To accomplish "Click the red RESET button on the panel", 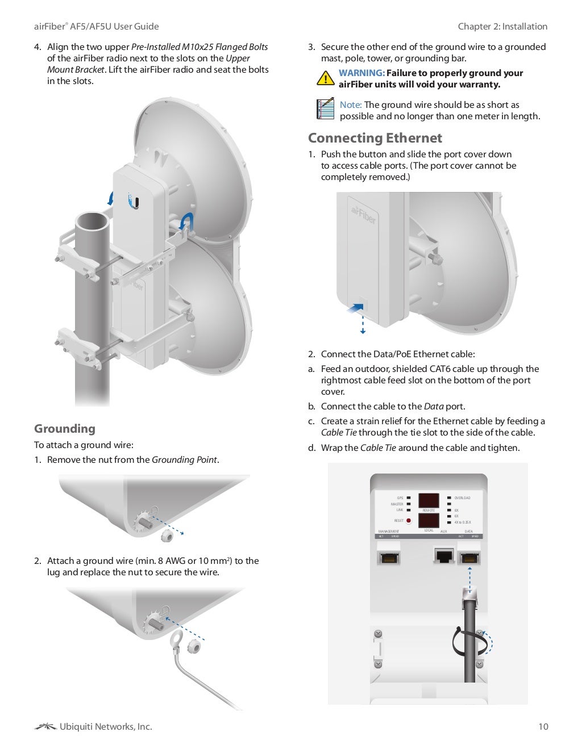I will tap(409, 521).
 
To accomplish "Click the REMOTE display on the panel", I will tap(429, 500).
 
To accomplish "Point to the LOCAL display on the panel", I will tap(429, 520).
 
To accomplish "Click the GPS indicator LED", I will tap(409, 498).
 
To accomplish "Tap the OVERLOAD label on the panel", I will tap(462, 498).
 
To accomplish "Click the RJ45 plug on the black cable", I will tap(469, 595).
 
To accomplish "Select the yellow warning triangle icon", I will tap(325, 78).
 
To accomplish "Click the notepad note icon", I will tap(325, 109).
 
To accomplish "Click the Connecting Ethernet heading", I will tap(375, 138).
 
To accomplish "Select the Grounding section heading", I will tap(65, 429).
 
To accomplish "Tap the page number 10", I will tap(543, 726).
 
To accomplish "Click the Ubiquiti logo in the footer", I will tap(45, 726).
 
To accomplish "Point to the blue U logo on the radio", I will tap(134, 201).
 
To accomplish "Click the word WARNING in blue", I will tap(361, 73).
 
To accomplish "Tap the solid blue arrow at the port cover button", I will tap(354, 308).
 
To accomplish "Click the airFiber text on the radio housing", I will tap(363, 215).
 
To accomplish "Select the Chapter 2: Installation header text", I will tap(502, 26).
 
